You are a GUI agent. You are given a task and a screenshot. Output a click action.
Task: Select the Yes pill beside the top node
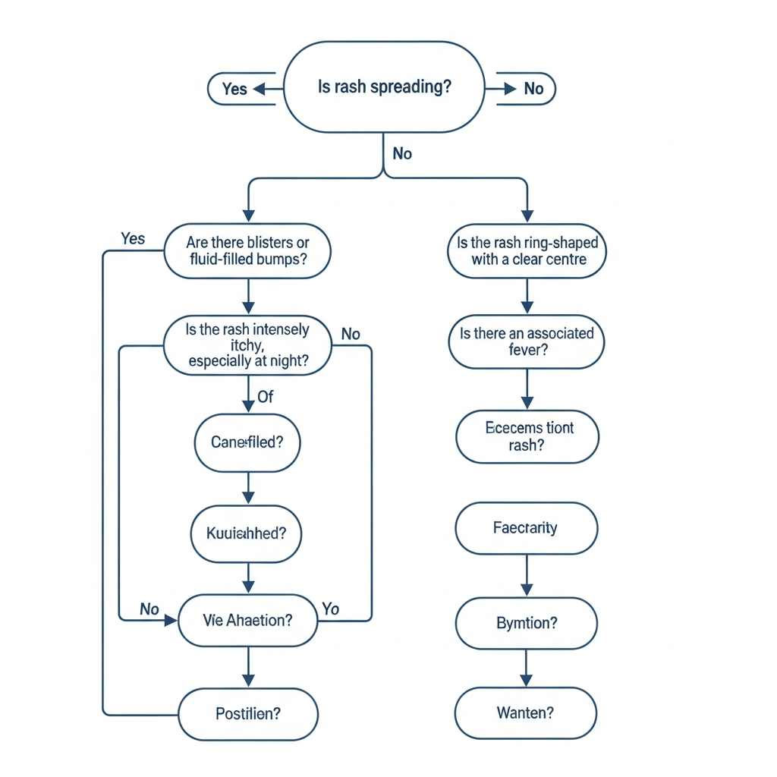click(234, 89)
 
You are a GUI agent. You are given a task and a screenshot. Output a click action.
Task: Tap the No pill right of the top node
click(533, 89)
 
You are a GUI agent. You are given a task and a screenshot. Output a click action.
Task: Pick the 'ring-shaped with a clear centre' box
click(527, 252)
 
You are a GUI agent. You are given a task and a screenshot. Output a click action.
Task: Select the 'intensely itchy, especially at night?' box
click(247, 345)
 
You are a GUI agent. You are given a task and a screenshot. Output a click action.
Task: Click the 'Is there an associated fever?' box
click(527, 341)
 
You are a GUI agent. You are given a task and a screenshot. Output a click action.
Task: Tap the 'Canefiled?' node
click(247, 442)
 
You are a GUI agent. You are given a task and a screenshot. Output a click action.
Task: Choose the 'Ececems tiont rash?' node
click(527, 436)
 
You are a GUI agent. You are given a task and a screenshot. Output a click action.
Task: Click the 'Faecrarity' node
click(526, 527)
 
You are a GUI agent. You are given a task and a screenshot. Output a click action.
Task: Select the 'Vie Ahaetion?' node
click(247, 620)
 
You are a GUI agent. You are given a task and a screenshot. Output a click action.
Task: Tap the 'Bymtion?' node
click(526, 623)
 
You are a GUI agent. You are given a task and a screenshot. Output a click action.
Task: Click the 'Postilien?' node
click(247, 714)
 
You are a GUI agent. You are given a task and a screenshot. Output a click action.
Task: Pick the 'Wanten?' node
click(525, 713)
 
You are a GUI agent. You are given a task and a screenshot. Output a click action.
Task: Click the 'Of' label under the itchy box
click(266, 397)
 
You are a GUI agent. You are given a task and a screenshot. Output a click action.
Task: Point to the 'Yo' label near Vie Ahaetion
click(330, 609)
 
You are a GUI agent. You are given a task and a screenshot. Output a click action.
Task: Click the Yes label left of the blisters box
click(133, 239)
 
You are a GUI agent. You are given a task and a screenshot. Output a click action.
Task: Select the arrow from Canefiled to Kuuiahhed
click(248, 488)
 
